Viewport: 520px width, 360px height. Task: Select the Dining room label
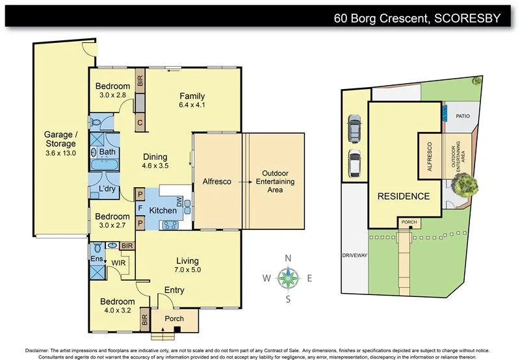(x=155, y=157)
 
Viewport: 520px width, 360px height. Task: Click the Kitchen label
(x=163, y=211)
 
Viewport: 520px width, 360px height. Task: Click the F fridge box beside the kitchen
(x=139, y=208)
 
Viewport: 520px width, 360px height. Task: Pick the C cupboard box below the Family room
(x=140, y=122)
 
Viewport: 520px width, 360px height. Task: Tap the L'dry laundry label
(x=107, y=189)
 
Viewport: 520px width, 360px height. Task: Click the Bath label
(x=107, y=152)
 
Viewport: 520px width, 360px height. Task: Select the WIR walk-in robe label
(x=118, y=263)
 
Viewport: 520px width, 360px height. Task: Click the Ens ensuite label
(x=96, y=259)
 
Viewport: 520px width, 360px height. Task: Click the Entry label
(x=174, y=290)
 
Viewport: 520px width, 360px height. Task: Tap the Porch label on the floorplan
(x=174, y=318)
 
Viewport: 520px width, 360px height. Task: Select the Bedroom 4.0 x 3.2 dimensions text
(x=117, y=311)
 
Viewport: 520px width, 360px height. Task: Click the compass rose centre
(x=287, y=279)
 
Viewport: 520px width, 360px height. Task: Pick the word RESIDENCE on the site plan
(x=403, y=196)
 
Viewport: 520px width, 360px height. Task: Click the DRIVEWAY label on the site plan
(x=355, y=256)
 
